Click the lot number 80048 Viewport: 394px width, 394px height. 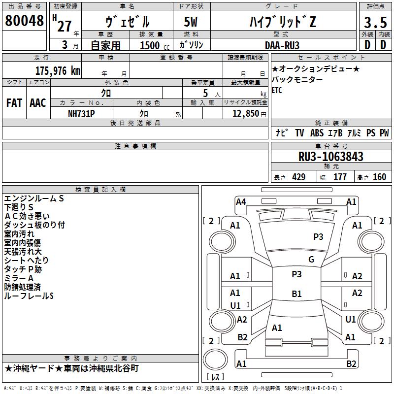(24, 20)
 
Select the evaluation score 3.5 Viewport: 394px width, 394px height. (375, 22)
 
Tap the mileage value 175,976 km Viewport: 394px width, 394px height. (58, 71)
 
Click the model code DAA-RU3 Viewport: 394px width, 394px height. (282, 45)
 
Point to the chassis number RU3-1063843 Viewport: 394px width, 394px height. (330, 157)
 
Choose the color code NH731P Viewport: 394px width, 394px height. (81, 114)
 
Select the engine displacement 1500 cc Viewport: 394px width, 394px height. (155, 45)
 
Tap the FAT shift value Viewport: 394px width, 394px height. (14, 103)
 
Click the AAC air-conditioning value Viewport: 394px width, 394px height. (38, 103)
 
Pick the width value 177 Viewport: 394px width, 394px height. (340, 177)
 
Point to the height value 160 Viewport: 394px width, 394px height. (379, 177)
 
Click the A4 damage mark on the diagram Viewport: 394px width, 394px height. (241, 202)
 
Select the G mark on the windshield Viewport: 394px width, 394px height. (311, 260)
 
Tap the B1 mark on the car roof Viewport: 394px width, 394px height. (296, 294)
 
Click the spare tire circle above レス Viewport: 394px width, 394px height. (215, 360)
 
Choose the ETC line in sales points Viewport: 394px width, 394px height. (277, 90)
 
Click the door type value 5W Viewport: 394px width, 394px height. (191, 22)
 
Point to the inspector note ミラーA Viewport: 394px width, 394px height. (19, 278)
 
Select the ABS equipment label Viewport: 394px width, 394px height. (317, 133)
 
